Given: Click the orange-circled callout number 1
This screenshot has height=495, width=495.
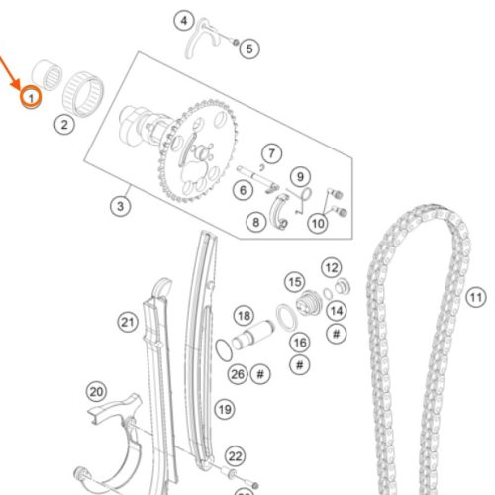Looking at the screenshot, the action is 31,98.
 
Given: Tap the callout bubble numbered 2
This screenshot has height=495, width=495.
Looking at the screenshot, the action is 64,125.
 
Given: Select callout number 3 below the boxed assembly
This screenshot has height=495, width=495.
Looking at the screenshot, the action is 120,206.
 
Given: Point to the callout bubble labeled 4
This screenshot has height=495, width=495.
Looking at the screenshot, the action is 184,21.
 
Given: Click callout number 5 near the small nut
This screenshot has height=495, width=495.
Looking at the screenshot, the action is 249,49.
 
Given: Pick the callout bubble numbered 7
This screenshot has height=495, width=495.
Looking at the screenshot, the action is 271,153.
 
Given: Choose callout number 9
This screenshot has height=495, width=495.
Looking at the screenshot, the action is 300,177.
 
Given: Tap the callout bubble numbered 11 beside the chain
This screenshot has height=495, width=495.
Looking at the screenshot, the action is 476,298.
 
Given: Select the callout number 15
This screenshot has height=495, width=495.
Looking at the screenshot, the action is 295,282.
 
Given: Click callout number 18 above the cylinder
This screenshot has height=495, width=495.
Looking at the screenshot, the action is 244,316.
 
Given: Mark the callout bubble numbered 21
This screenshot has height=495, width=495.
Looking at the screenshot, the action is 128,322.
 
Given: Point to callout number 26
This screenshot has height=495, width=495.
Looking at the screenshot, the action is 238,374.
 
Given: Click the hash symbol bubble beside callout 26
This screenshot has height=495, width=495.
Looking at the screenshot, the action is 260,374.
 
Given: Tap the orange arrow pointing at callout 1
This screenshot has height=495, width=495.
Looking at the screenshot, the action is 10,72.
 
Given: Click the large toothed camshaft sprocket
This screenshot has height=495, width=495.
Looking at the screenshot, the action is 197,151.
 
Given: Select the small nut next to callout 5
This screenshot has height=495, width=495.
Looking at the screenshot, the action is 236,43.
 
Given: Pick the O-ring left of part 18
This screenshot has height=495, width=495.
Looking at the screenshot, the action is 224,350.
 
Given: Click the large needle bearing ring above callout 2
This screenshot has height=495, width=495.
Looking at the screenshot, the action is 83,94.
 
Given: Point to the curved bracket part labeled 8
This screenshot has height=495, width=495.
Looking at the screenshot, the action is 280,211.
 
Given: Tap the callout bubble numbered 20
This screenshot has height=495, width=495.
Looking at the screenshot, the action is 96,392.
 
